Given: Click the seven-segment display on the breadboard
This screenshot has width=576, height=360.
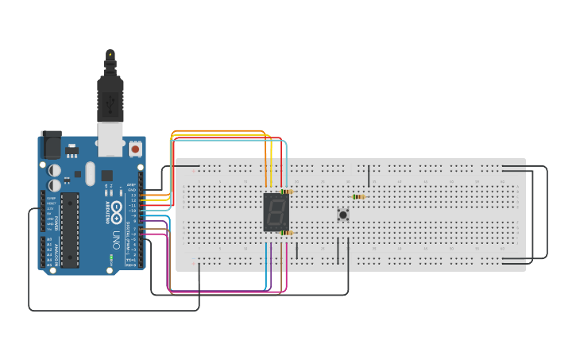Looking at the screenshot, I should tap(276, 212).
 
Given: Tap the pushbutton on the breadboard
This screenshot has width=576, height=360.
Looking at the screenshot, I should tap(343, 215).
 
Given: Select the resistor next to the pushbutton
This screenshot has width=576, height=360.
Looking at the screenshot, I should tap(358, 196).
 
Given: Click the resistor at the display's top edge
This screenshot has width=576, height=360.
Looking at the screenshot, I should tap(286, 192).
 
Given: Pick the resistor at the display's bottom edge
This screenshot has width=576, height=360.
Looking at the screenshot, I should tap(286, 233).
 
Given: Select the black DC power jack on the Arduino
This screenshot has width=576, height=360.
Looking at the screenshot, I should tap(50, 145).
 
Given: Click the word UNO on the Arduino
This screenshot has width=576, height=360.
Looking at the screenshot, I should tap(116, 238).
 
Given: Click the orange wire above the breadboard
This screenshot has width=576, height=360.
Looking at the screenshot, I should tap(218, 130).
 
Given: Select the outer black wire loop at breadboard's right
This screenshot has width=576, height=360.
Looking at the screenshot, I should tap(547, 212).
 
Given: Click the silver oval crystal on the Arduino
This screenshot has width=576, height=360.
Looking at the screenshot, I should tap(90, 173).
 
